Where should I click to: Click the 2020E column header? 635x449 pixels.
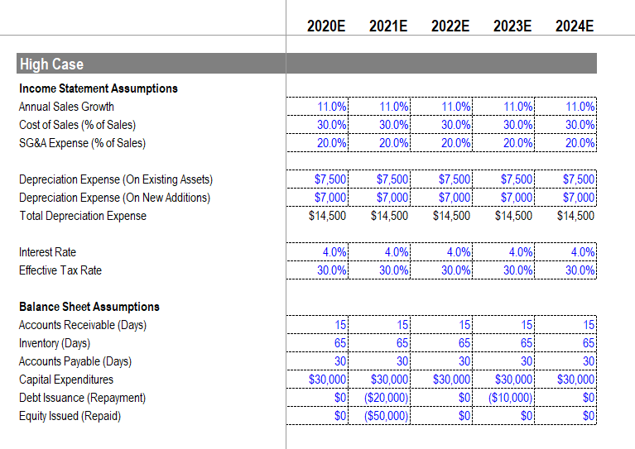326,26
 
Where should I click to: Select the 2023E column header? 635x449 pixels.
512,26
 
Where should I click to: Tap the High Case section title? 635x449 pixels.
51,64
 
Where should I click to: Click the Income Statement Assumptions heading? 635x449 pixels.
98,88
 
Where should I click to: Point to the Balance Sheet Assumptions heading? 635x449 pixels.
89,307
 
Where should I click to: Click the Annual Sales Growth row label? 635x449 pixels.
66,107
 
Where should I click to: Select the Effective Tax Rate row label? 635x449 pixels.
60,270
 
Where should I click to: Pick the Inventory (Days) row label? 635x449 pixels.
54,343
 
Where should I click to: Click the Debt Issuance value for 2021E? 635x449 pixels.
387,398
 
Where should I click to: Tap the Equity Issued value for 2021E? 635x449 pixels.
387,416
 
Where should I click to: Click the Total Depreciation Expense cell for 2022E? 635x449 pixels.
451,216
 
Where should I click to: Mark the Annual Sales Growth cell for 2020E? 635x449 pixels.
333,107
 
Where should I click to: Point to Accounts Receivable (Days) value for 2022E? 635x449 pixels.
464,325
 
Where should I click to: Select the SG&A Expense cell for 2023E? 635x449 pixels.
519,143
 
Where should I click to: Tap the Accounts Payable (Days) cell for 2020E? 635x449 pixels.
340,361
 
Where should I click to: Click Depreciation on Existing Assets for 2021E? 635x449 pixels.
393,179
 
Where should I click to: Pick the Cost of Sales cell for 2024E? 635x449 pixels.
580,125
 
